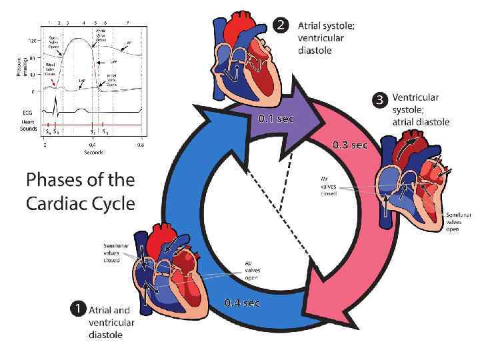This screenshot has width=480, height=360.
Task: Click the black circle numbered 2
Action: tap(281, 26)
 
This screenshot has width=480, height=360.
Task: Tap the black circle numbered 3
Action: tap(379, 99)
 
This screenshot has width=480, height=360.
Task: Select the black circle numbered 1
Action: tap(78, 309)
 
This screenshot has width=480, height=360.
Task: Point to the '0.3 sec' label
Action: tap(350, 145)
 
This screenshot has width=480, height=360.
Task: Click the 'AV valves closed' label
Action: tap(329, 186)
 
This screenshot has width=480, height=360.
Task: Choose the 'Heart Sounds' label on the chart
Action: tap(27, 125)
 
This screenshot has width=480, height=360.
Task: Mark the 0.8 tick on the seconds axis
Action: tap(141, 145)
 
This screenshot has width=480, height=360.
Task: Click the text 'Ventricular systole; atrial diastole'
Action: tap(421, 109)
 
